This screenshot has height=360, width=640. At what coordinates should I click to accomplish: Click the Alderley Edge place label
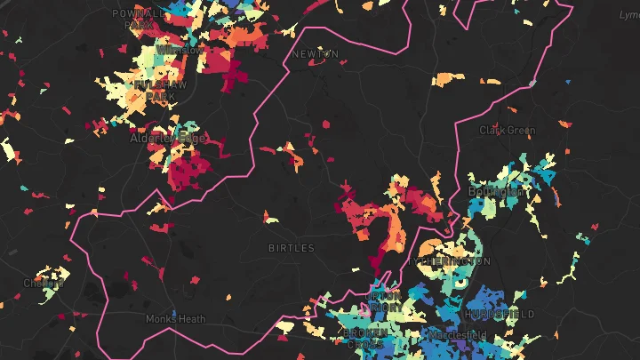coord(167,138)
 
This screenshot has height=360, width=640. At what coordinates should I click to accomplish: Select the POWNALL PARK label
coord(140,20)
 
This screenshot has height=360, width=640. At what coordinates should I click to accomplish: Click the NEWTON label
coord(316,54)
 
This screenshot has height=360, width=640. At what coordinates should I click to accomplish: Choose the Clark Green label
coord(508,130)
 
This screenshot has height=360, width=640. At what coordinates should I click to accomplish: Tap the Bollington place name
coord(495,191)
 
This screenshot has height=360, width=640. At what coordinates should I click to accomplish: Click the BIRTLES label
coord(292,248)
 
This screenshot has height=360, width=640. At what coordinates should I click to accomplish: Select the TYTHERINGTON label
coord(451,261)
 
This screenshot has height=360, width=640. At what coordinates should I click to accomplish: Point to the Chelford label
coord(44,284)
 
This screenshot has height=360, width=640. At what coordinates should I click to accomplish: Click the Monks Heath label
coord(175,318)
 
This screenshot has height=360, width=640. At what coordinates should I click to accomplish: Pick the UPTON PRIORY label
coord(383,301)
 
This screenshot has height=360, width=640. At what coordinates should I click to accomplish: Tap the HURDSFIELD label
coord(499,315)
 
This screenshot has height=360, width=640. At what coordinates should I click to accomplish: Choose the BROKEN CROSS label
coord(364,339)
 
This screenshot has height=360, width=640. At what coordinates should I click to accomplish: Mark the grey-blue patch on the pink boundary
coord(532,83)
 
